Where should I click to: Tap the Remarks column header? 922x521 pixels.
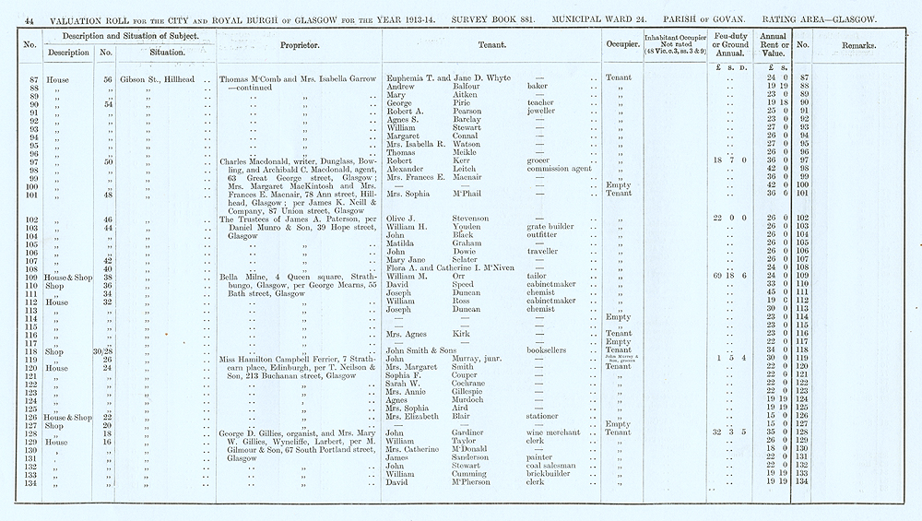pos(860,44)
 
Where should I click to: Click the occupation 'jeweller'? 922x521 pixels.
pos(543,111)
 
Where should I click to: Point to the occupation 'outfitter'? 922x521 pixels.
pos(545,235)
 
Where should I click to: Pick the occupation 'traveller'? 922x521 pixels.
pos(544,251)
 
